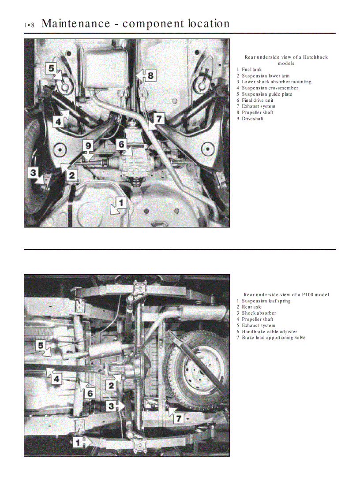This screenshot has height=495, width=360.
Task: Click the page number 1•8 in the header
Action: click(x=29, y=25)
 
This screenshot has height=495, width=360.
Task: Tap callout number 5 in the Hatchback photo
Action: click(x=51, y=68)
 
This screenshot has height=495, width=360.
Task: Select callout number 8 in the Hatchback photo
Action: click(x=150, y=75)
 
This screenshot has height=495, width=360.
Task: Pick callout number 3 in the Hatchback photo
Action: click(x=33, y=173)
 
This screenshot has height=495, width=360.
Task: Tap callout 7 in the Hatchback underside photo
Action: click(x=159, y=119)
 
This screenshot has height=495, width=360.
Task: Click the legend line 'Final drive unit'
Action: click(x=257, y=100)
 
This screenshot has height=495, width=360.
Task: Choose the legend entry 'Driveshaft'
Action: click(x=252, y=119)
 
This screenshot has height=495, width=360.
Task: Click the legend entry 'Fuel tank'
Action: click(x=251, y=70)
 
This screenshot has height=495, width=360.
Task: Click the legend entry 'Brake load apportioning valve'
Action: click(x=273, y=338)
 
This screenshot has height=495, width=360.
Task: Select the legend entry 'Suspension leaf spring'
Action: click(x=266, y=301)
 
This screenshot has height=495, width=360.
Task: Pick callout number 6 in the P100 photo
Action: click(x=90, y=392)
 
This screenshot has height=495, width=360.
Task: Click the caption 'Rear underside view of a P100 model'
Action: click(x=286, y=294)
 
